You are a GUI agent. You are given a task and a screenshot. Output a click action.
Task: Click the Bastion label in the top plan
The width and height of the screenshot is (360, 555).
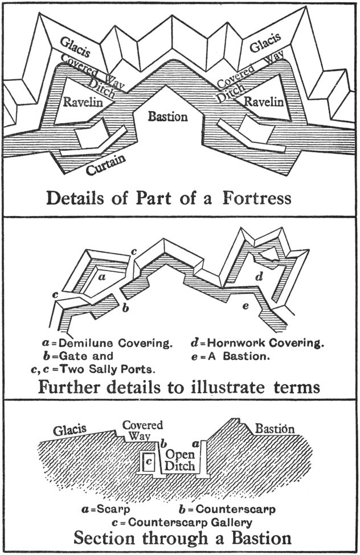(x=167, y=116)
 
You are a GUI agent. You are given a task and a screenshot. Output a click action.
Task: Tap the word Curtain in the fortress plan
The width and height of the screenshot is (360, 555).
(x=106, y=164)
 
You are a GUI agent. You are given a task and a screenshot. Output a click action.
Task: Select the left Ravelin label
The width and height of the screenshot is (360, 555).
(x=83, y=102)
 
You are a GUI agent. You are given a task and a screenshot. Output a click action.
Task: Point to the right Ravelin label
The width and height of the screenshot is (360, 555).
(x=264, y=102)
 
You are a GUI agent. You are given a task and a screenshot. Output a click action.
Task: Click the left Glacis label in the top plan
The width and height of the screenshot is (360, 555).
(x=75, y=47)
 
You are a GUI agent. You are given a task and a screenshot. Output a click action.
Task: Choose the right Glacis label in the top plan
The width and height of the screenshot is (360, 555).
(x=265, y=42)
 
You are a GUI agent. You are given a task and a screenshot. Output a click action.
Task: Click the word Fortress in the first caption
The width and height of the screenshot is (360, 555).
(x=257, y=198)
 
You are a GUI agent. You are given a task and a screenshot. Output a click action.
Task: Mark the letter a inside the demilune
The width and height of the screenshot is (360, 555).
(x=101, y=277)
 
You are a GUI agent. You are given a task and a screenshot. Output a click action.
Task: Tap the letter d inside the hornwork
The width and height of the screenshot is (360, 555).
(x=259, y=277)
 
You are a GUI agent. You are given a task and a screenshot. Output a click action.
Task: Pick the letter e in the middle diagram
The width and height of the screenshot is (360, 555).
(x=246, y=305)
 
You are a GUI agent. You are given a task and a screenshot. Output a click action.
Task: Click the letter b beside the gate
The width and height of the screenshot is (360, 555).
(x=125, y=308)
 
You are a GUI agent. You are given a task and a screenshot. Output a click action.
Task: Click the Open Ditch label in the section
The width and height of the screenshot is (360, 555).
(x=180, y=460)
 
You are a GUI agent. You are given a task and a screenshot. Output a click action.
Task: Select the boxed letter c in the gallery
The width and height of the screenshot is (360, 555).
(x=149, y=461)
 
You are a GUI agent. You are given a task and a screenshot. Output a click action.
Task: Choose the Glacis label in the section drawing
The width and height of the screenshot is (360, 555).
(x=70, y=430)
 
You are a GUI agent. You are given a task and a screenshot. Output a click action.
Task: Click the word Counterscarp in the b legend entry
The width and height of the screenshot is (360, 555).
(x=235, y=509)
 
